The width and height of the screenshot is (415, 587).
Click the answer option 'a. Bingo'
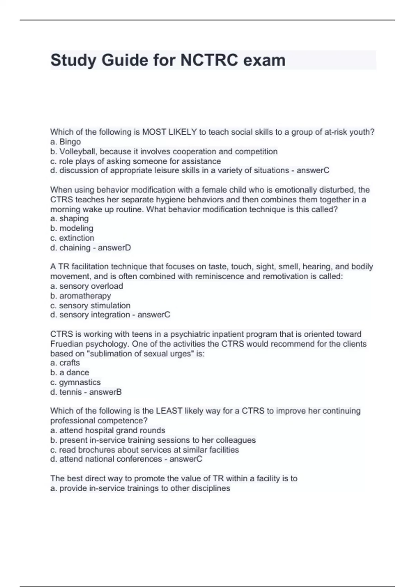66,142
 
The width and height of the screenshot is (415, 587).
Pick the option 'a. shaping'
70,219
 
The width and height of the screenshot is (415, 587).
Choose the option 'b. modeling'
72,228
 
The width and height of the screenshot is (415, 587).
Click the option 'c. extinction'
72,238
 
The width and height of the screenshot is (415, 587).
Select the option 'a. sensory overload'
87,286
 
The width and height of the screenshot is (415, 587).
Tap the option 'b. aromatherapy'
81,296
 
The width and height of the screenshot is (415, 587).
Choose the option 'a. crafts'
65,363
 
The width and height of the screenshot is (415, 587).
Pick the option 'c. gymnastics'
75,382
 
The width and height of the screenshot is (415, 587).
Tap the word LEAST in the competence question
169,411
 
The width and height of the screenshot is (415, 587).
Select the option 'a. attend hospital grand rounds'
108,431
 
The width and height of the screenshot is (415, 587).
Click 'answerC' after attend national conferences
186,459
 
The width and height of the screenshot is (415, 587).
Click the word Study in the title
73,60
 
